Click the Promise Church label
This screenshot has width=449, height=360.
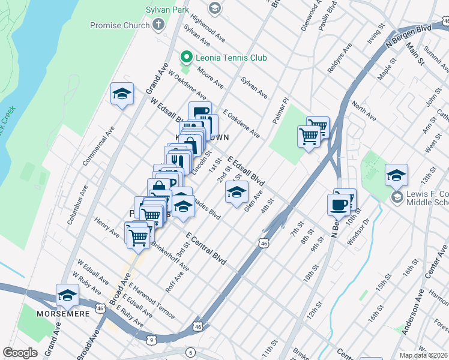119,25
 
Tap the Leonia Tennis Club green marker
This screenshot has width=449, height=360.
187,58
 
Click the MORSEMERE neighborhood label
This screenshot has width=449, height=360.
63,313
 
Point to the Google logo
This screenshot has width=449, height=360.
20,353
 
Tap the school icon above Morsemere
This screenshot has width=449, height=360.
67,295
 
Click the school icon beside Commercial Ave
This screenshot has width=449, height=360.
122,94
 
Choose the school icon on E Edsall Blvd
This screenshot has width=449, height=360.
237,192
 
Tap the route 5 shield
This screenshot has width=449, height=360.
190,352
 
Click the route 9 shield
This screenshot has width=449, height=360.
151,340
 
